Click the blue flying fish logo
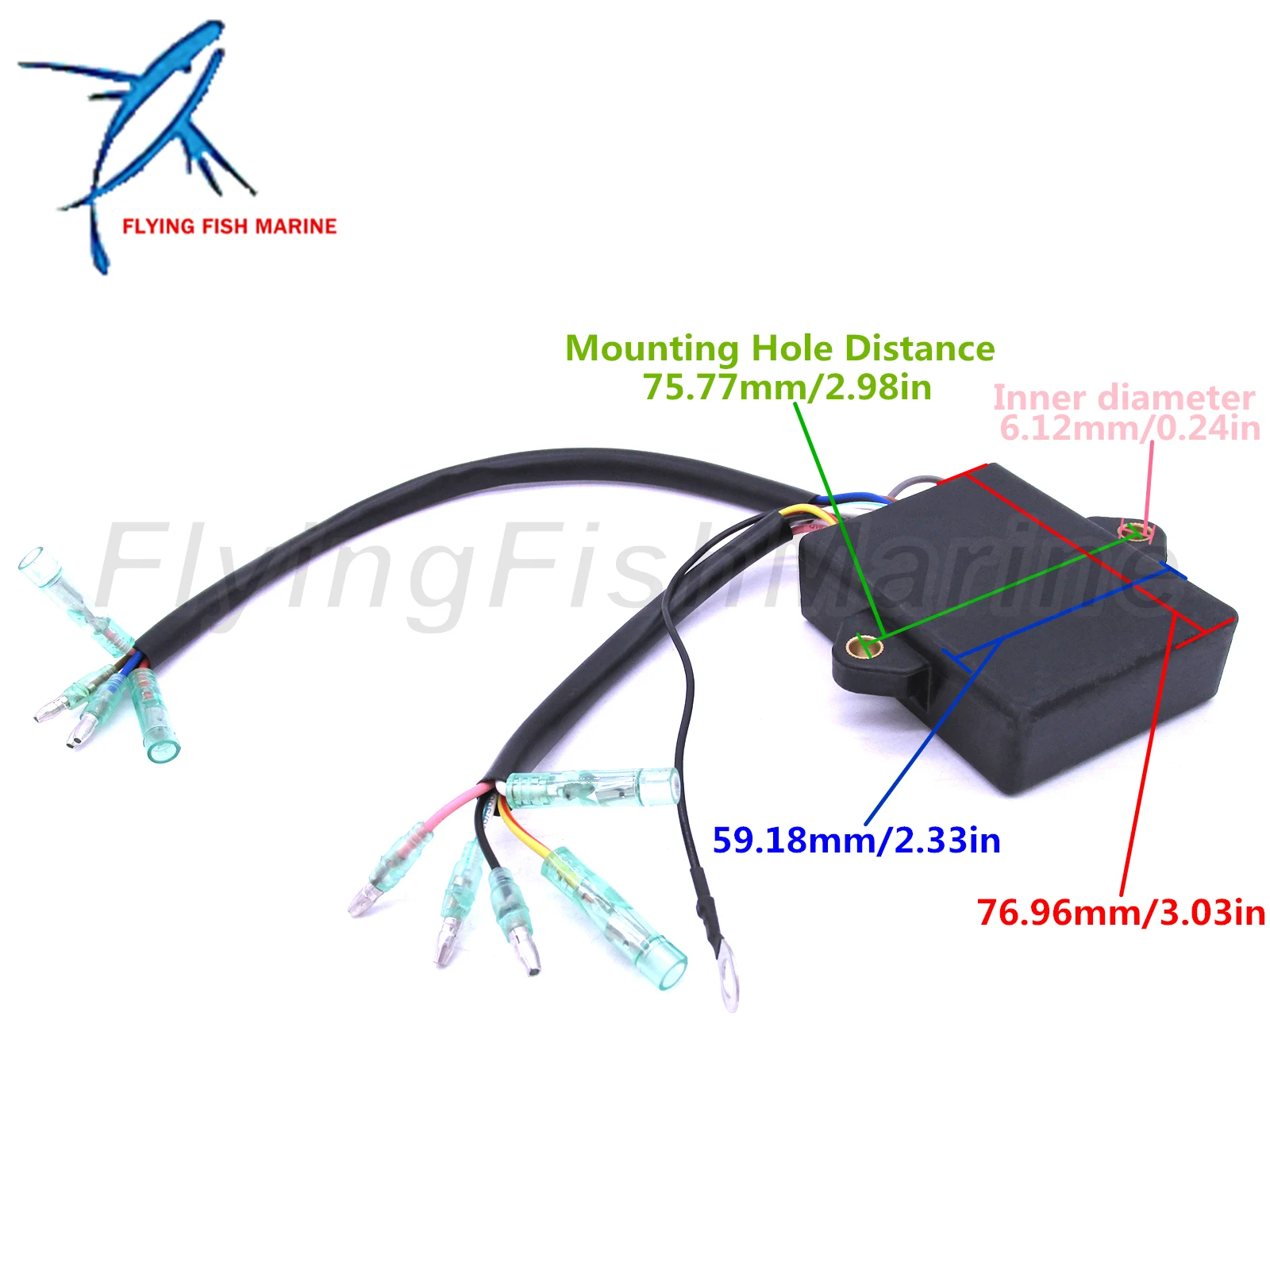139,135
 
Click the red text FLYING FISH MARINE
229,226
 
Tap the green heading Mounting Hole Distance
779,348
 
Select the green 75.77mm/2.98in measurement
787,387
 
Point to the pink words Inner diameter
1123,397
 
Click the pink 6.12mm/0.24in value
1129,429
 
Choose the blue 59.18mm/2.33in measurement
856,840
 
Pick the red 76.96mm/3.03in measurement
1120,912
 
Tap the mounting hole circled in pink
1137,530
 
